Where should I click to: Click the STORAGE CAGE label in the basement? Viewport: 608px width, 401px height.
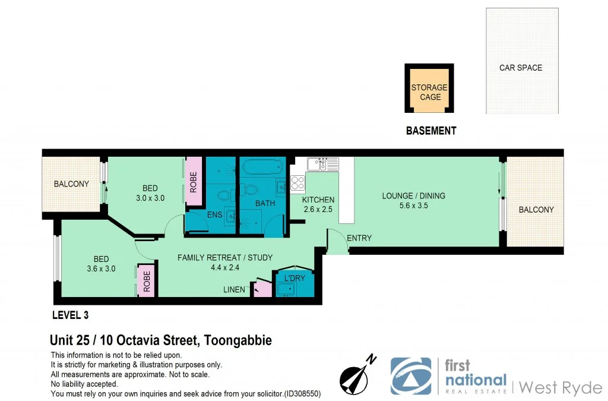click(429, 92)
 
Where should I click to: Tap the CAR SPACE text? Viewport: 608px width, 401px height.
click(520, 68)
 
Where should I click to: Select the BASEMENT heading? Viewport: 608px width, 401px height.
click(430, 131)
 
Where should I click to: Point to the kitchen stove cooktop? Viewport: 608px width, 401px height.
click(298, 183)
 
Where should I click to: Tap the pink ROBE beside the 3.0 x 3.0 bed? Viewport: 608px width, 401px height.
click(193, 181)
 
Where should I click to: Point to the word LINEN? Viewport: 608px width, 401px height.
click(234, 289)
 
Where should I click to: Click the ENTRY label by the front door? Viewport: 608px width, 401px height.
click(359, 238)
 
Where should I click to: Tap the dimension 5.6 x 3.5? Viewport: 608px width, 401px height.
click(413, 206)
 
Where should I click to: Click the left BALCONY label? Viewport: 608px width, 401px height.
click(71, 184)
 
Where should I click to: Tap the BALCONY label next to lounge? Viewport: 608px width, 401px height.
click(536, 210)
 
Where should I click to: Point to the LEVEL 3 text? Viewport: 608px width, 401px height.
click(71, 315)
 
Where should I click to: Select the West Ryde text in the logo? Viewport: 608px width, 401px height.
click(560, 388)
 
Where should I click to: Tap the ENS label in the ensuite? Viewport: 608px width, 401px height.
click(214, 214)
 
